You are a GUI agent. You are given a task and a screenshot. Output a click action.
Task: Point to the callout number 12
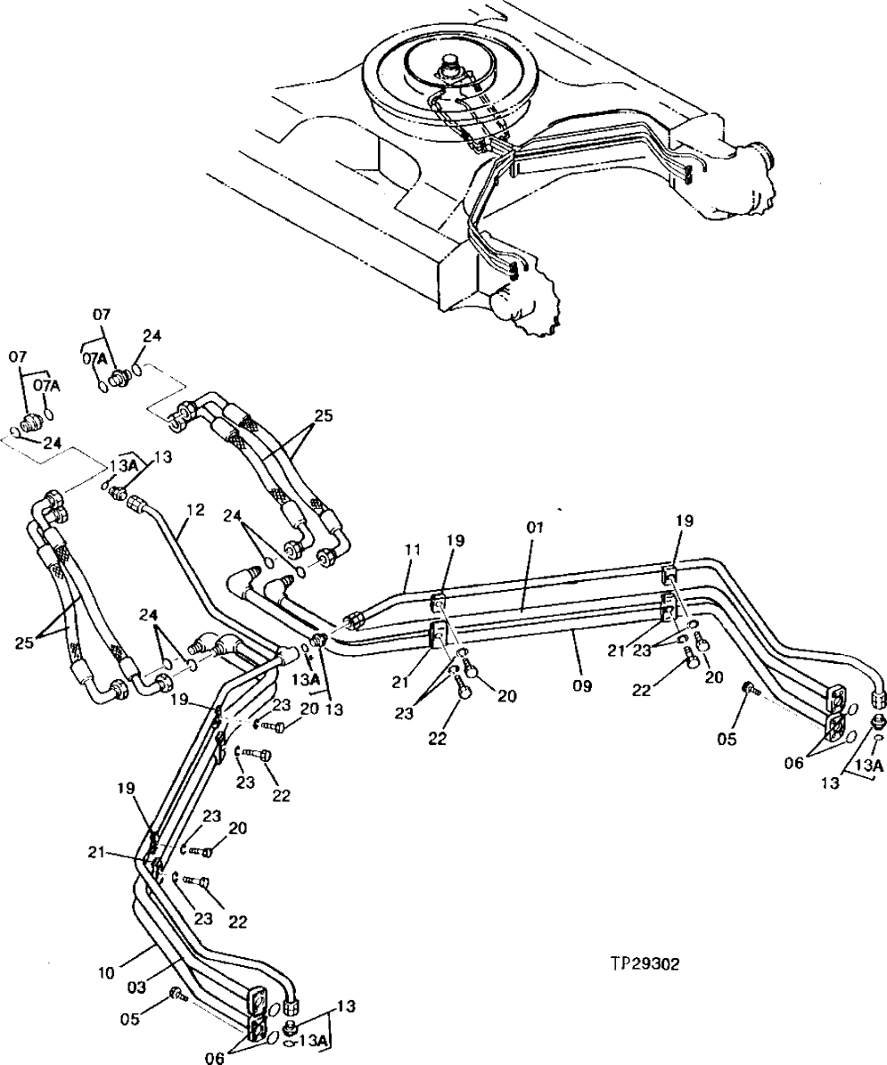pos(195,511)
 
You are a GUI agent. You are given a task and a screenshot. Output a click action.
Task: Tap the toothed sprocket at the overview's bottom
pos(533,307)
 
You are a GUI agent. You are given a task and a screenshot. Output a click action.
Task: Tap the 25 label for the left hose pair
pos(24,640)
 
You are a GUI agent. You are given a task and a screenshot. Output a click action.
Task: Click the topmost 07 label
pos(102,314)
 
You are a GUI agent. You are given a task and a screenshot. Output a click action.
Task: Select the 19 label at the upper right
pos(683,520)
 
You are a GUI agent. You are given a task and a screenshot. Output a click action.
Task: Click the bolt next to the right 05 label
pos(750,688)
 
